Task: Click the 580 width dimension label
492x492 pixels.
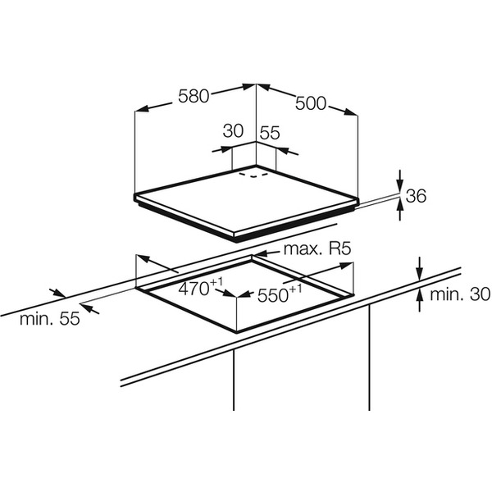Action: pos(194,96)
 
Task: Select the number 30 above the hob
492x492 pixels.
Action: pos(234,131)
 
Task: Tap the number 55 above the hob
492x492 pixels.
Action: pos(271,131)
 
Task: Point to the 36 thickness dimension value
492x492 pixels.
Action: pos(417,196)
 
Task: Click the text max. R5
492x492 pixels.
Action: pos(318,248)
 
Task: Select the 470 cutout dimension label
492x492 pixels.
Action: pos(201,288)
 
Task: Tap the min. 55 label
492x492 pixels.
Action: pos(50,320)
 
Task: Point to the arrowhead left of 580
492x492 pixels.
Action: pos(140,109)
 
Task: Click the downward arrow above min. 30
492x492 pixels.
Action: pos(419,274)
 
